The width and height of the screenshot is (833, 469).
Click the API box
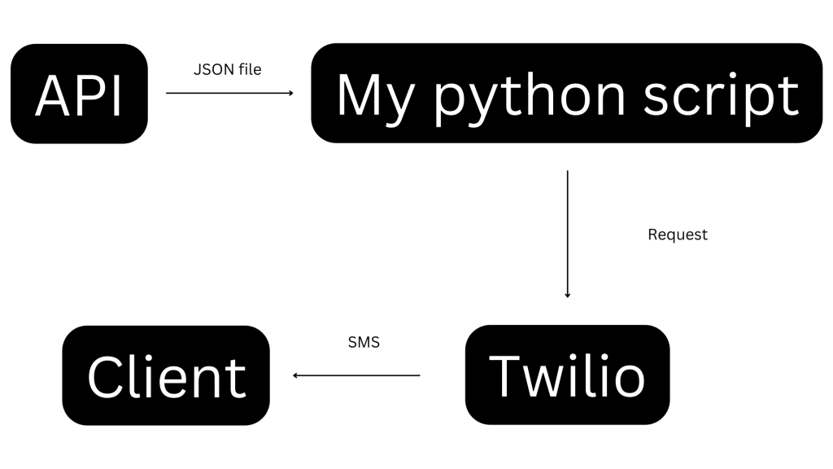(79, 94)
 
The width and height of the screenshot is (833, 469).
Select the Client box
(166, 375)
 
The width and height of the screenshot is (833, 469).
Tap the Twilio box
(567, 375)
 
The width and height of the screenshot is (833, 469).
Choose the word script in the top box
(721, 97)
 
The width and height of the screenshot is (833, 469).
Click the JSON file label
(227, 70)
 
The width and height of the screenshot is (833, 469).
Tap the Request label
(678, 234)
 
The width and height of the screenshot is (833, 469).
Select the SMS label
(364, 343)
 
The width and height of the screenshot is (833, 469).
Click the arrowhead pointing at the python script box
(290, 93)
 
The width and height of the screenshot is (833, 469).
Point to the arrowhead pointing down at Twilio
(567, 295)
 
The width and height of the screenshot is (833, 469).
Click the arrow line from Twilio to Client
(358, 375)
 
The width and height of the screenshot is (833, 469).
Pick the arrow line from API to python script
(228, 93)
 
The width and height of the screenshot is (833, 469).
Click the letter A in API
(52, 97)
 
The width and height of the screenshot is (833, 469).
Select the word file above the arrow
(250, 70)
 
